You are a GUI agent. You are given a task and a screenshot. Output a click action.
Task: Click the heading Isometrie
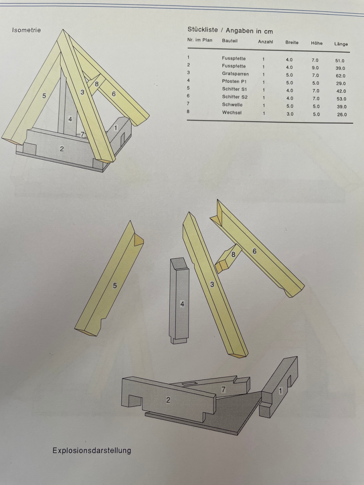point(26,30)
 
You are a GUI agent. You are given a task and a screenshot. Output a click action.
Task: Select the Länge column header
point(341,44)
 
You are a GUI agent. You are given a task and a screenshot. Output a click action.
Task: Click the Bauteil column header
point(230,41)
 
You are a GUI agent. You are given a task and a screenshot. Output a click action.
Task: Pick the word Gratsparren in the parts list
point(235,74)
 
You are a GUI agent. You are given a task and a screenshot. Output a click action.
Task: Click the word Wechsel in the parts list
point(232,112)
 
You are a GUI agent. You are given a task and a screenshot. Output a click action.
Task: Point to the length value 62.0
point(341,76)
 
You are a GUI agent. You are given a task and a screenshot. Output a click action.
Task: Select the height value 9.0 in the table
point(315,68)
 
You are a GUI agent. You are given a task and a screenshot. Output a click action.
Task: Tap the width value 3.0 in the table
point(290,114)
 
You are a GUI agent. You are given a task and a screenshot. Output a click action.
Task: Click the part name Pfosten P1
point(234,82)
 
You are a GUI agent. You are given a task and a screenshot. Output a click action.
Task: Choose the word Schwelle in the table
point(232,105)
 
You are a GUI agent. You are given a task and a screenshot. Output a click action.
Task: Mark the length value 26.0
point(342,114)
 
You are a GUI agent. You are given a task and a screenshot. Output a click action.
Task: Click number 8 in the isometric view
point(97,84)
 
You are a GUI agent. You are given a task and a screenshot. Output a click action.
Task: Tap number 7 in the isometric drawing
point(83,134)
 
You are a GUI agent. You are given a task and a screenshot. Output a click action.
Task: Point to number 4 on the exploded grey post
point(182,304)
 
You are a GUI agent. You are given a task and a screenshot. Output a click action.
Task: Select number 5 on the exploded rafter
point(115,286)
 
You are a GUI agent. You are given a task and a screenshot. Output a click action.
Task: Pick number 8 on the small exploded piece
point(233,255)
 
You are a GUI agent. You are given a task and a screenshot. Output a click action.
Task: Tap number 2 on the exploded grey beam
point(168,400)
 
